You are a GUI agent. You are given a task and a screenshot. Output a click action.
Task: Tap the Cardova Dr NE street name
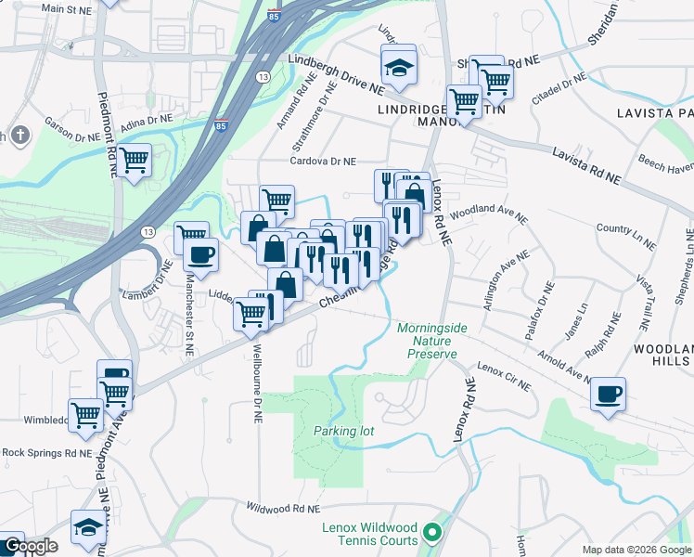pos(323,161)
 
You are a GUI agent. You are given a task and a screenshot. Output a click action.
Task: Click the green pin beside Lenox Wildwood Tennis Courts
pos(431,533)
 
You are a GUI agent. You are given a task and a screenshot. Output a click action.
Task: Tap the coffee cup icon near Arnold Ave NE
pos(608,394)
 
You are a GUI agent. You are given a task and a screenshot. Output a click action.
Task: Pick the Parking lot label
pos(343,431)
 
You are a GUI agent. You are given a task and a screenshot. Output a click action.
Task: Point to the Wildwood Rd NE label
pos(282,509)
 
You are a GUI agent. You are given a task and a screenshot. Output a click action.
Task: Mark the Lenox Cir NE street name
pos(505,377)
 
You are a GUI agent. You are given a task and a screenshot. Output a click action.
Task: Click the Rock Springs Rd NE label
pos(46,453)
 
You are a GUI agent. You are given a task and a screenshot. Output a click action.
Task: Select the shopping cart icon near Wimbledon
pos(85,414)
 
